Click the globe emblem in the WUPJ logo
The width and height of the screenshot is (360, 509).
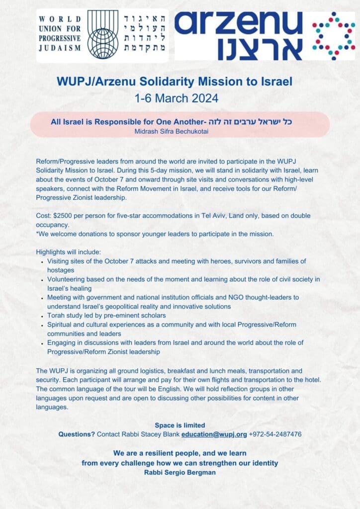pos(102,35)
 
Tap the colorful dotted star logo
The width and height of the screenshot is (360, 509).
pos(334,35)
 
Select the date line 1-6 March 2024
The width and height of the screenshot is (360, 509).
pos(180,98)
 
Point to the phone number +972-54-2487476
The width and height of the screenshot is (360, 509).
pos(275,434)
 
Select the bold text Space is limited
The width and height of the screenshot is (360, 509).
pos(180,425)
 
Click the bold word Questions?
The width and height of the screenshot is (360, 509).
pos(77,434)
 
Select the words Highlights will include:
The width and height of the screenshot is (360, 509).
pos(69,252)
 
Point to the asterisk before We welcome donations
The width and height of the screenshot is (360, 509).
pos(37,234)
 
